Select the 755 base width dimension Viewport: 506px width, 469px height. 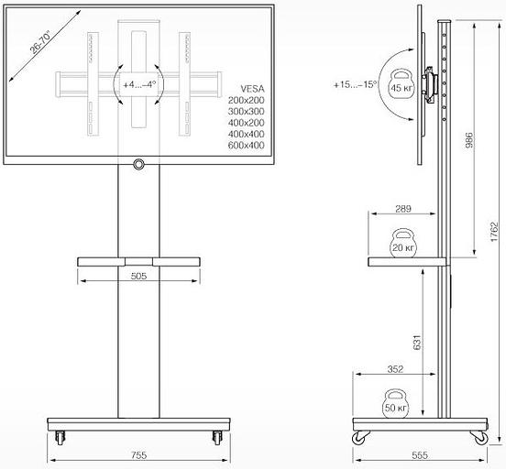(x=139, y=455)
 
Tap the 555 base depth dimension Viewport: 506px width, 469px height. (x=420, y=455)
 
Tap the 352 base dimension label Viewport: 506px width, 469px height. (x=396, y=371)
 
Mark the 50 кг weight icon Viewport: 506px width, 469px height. (x=396, y=404)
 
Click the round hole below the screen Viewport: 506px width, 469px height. (x=139, y=165)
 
